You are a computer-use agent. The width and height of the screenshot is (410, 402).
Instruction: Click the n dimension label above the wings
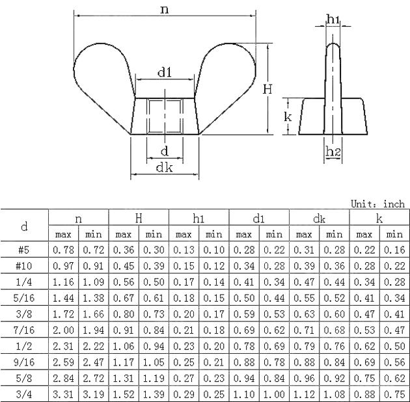pos(165,10)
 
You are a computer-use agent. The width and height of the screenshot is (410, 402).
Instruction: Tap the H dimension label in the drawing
pos(267,89)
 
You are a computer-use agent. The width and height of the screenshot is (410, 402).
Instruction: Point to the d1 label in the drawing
pos(165,72)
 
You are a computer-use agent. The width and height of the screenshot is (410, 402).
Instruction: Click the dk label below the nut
pos(164,167)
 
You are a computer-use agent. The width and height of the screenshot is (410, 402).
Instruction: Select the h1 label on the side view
pos(333,19)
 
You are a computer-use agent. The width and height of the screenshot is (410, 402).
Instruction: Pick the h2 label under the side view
pos(333,152)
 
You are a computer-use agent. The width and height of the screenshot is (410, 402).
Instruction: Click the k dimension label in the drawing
pos(288,116)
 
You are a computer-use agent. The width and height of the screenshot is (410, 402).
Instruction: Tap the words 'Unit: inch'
pos(377,204)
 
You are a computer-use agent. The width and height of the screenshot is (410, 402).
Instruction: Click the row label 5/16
pos(24,298)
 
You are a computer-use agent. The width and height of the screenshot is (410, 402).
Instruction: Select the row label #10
pos(24,266)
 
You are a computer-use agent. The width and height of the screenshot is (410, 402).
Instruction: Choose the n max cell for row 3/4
pos(64,394)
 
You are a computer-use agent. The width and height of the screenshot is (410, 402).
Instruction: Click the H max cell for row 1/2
pos(124,346)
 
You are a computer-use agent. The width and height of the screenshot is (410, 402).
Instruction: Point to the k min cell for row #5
pos(394,250)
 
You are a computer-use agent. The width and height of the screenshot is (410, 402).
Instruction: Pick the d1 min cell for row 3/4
pos(274,394)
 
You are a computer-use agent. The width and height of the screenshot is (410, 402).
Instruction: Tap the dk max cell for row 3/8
pos(304,314)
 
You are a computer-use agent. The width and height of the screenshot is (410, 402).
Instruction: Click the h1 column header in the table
pos(198,219)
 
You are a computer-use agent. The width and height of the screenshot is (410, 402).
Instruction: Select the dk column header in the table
pos(319,219)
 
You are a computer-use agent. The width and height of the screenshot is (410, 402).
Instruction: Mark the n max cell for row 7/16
pos(64,330)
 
